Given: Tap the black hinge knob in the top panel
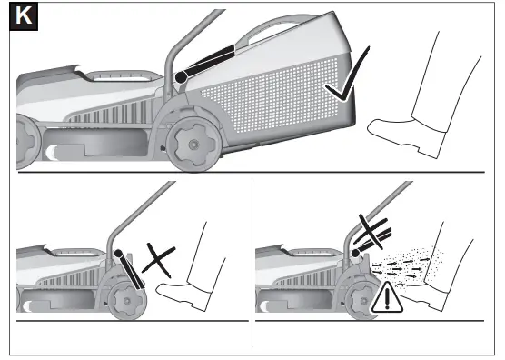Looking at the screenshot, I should (182, 78).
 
